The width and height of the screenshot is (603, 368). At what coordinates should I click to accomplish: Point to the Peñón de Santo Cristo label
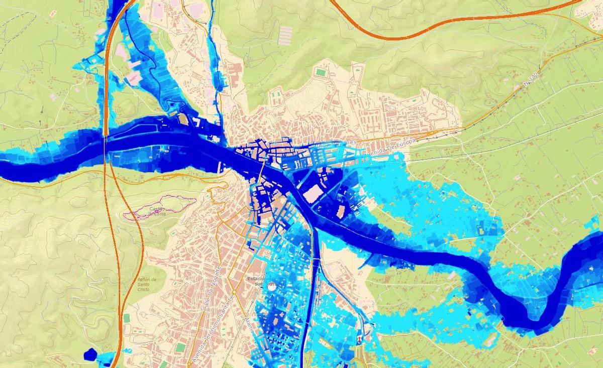pyautogui.click(x=147, y=285)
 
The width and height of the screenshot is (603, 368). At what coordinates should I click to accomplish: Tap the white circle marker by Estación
pyautogui.click(x=272, y=287)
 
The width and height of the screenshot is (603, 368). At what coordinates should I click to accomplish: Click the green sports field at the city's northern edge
pyautogui.click(x=320, y=73)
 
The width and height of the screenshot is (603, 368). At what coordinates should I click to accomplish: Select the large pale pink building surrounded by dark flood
pyautogui.click(x=314, y=194)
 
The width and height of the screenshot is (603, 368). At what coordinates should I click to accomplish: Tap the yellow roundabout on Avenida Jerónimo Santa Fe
pyautogui.click(x=234, y=292)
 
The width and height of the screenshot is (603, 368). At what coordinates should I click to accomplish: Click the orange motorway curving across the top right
pyautogui.click(x=452, y=20)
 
